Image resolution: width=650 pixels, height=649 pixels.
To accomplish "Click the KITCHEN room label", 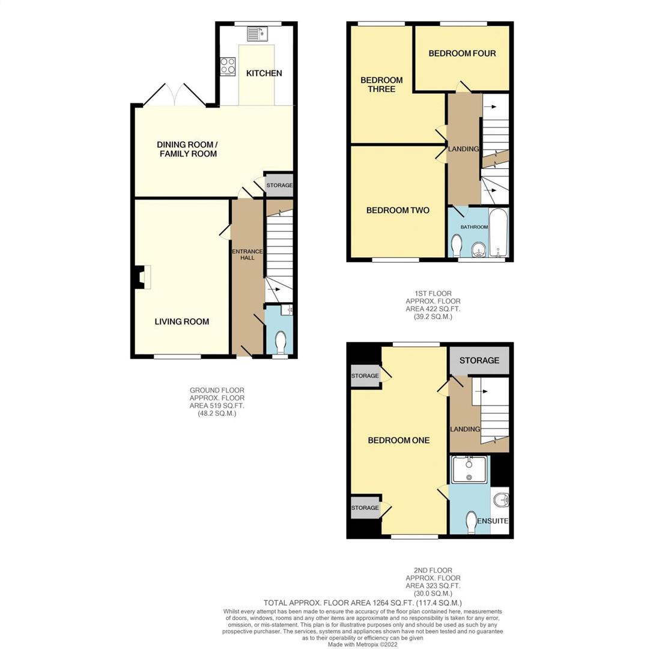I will coord(264,73).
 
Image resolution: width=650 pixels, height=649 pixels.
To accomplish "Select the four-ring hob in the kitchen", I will coord(228,66).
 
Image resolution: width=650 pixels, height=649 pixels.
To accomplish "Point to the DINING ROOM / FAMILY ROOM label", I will coord(187,149).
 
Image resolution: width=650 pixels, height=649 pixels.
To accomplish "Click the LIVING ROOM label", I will coord(182,321).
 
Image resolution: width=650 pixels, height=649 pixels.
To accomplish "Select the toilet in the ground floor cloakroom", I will coord(280,343).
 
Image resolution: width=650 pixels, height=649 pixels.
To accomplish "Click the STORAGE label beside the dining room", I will coord(279,186).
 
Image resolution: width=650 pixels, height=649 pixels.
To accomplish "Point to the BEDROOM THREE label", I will coord(381,85).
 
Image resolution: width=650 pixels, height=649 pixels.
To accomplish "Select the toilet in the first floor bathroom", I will coord(457,245).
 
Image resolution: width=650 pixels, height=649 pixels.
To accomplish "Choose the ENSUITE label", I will coord(493,521).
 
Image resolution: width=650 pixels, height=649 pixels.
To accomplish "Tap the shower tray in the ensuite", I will coord(469,469).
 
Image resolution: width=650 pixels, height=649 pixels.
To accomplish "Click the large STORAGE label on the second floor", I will coord(479,361).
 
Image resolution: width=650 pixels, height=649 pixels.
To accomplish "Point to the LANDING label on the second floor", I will coord(465,429).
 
